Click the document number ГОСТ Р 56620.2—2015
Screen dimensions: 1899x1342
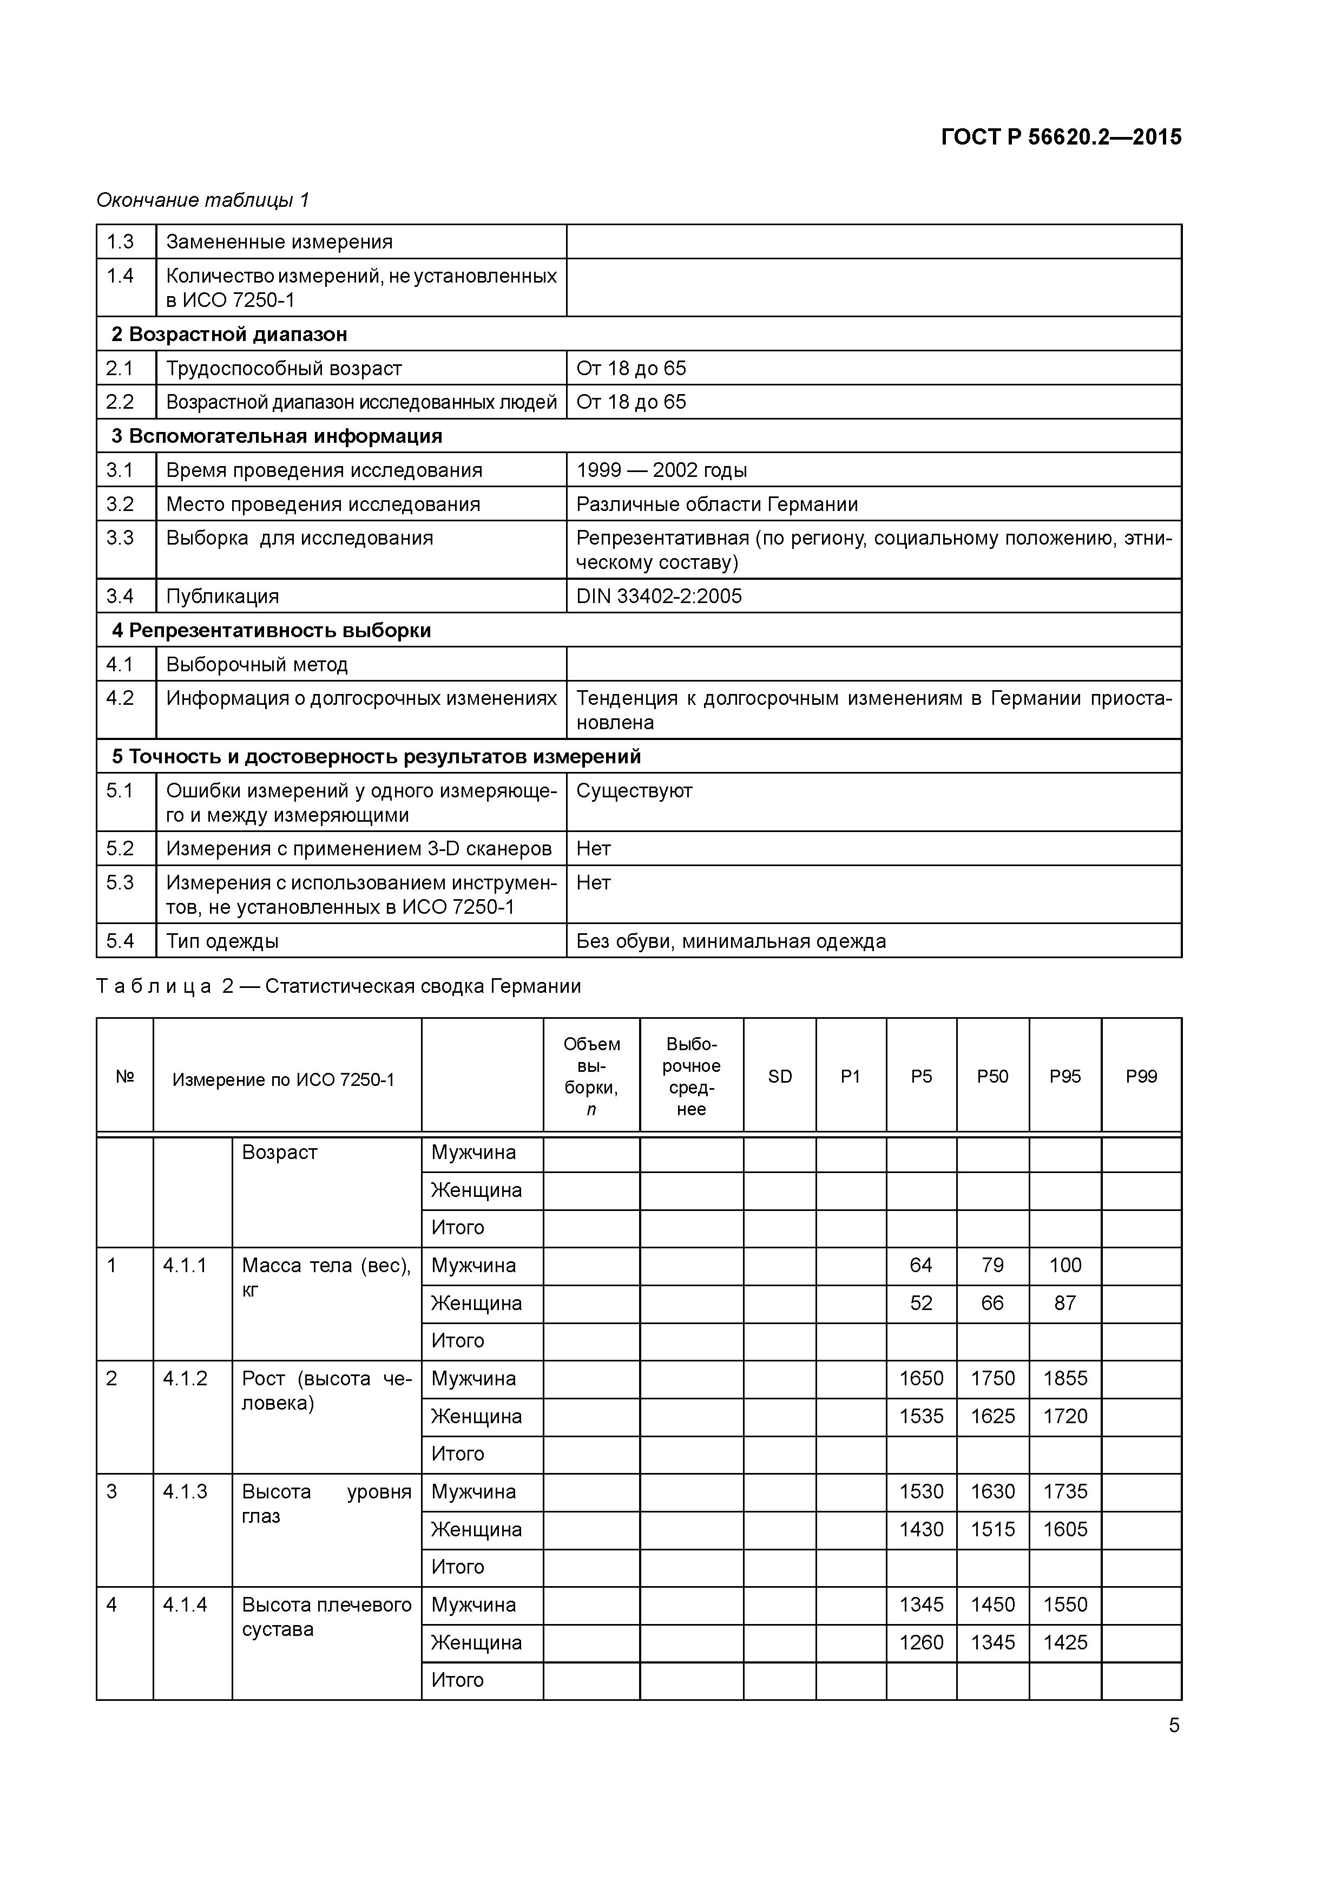(x=1061, y=137)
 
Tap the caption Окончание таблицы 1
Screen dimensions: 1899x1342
(x=202, y=200)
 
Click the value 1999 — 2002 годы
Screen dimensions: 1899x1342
(x=661, y=470)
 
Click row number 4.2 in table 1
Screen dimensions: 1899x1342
(x=120, y=698)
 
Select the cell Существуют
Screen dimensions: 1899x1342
(x=634, y=791)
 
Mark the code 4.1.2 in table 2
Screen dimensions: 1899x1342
(x=185, y=1379)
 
